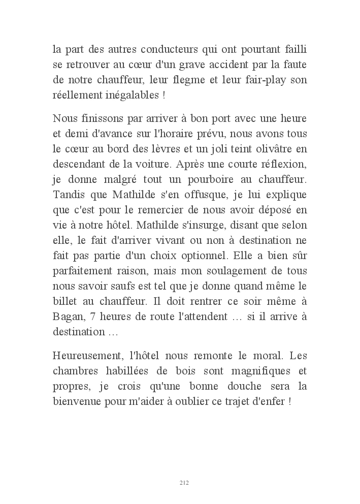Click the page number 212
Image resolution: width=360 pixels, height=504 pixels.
184,483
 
